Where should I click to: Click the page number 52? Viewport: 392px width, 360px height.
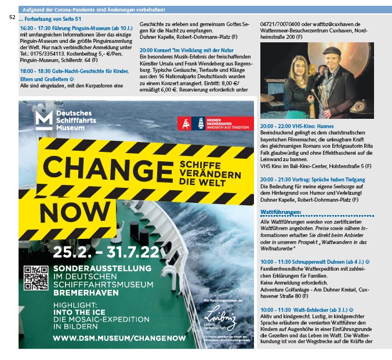[12, 18]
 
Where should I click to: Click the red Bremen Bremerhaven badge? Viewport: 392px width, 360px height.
[215, 123]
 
